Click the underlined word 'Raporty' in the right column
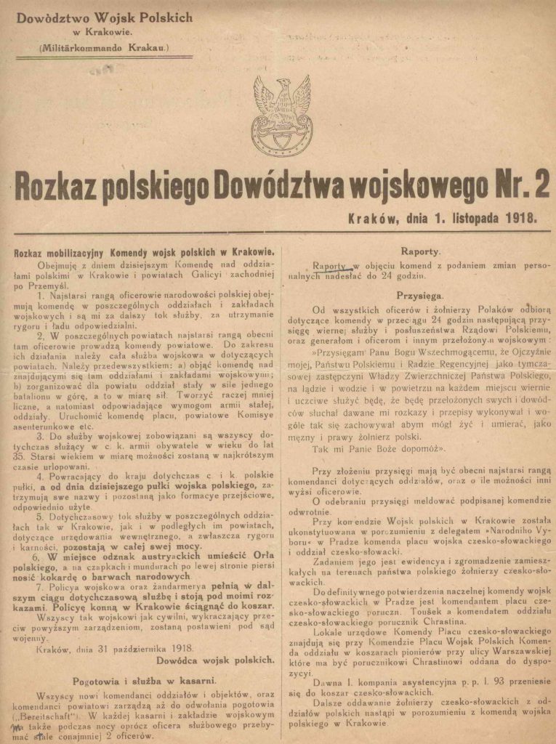pyautogui.click(x=329, y=266)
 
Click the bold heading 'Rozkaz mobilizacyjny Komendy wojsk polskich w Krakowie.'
pyautogui.click(x=143, y=251)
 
